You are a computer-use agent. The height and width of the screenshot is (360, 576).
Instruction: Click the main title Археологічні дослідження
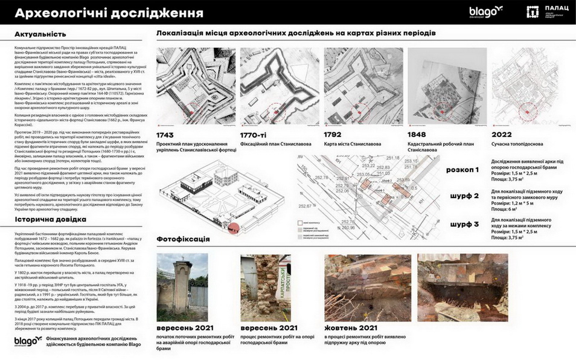click(109, 13)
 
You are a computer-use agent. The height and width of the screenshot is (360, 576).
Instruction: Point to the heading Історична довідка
click(51, 219)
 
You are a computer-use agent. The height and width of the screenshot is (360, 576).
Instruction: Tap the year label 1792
click(335, 134)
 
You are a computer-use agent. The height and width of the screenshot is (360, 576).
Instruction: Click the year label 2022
click(502, 134)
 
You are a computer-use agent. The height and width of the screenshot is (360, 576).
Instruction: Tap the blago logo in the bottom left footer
click(28, 341)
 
